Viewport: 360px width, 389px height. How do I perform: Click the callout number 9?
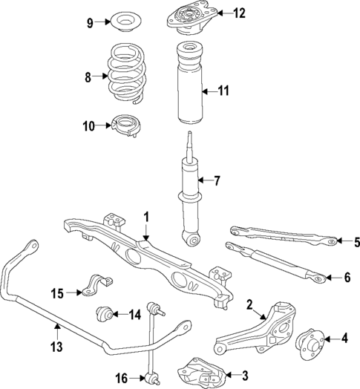90,23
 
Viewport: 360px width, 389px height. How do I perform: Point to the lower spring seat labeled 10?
125,127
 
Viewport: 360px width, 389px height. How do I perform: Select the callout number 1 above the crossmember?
147,217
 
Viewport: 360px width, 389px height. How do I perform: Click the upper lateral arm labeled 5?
283,235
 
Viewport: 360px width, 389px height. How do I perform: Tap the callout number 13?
56,346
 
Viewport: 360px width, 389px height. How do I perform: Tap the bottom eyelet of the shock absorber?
193,239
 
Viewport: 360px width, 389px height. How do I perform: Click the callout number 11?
223,91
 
